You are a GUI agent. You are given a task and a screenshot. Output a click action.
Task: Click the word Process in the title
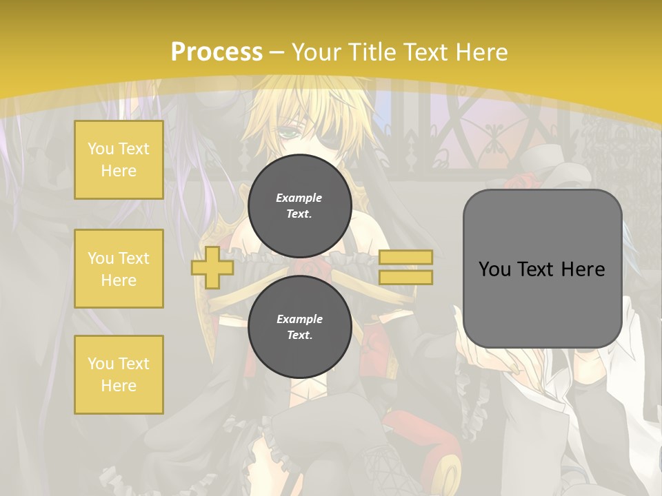217,52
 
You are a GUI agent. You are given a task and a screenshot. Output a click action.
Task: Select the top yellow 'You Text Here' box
119,160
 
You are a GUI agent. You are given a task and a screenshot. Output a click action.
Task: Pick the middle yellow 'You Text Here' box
119,269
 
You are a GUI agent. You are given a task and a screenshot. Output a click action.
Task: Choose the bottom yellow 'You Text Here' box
119,375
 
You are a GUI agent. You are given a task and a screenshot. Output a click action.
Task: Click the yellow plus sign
212,267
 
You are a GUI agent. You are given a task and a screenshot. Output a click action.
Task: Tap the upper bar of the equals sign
405,257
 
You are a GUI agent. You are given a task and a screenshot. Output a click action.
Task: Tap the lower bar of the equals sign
405,278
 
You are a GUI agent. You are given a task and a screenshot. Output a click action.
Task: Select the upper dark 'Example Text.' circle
299,205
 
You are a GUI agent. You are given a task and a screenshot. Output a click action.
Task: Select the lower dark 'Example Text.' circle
299,327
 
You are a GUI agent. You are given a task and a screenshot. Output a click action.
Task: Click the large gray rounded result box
542,269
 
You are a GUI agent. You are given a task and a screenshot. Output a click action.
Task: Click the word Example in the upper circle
299,198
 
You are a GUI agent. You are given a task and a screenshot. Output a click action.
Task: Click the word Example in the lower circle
299,319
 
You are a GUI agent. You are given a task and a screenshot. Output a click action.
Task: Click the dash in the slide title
277,53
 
